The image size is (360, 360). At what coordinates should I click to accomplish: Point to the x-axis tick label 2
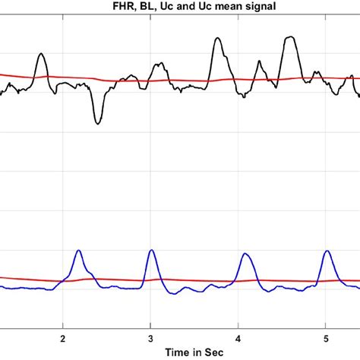pyautogui.click(x=62, y=338)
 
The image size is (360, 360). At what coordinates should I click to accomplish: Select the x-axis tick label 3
pyautogui.click(x=150, y=338)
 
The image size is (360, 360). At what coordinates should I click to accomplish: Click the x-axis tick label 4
pyautogui.click(x=238, y=338)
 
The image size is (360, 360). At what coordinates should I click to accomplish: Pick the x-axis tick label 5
pyautogui.click(x=326, y=338)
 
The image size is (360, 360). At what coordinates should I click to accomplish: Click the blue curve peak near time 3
pyautogui.click(x=152, y=250)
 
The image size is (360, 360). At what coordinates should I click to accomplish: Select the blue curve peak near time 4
pyautogui.click(x=245, y=254)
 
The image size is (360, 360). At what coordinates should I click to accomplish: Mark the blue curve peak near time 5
pyautogui.click(x=327, y=251)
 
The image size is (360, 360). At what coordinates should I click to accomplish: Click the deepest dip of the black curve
pyautogui.click(x=97, y=123)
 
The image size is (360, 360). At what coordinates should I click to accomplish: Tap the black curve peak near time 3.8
pyautogui.click(x=217, y=39)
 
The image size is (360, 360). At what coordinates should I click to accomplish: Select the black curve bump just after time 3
pyautogui.click(x=158, y=65)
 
